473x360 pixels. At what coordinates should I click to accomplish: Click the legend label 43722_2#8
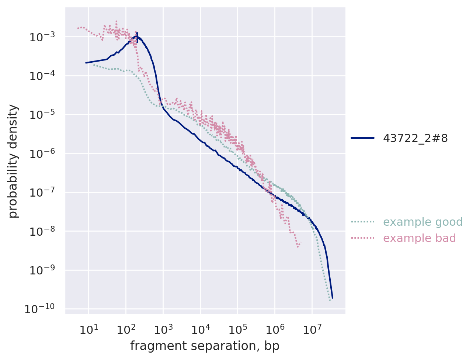[415, 138]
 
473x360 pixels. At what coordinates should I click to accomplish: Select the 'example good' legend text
[423, 222]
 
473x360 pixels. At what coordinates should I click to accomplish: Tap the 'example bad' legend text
[420, 238]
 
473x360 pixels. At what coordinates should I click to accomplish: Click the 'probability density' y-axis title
[13, 161]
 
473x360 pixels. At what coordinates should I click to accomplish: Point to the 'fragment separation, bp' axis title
[205, 346]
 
